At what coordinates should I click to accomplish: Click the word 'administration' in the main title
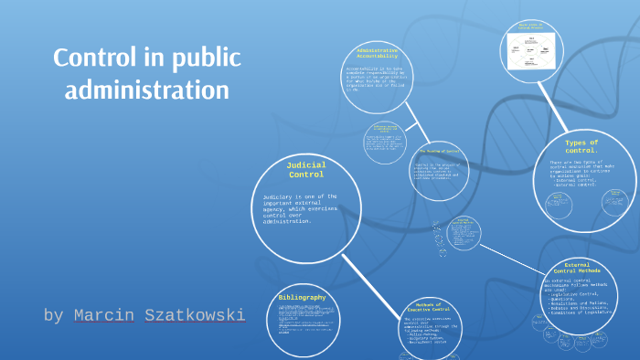point(147,90)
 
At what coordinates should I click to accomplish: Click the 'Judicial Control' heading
point(306,169)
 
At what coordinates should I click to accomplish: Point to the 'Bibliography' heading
point(302,298)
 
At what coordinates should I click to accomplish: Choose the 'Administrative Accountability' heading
point(376,54)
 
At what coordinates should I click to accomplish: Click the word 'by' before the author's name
point(53,316)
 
